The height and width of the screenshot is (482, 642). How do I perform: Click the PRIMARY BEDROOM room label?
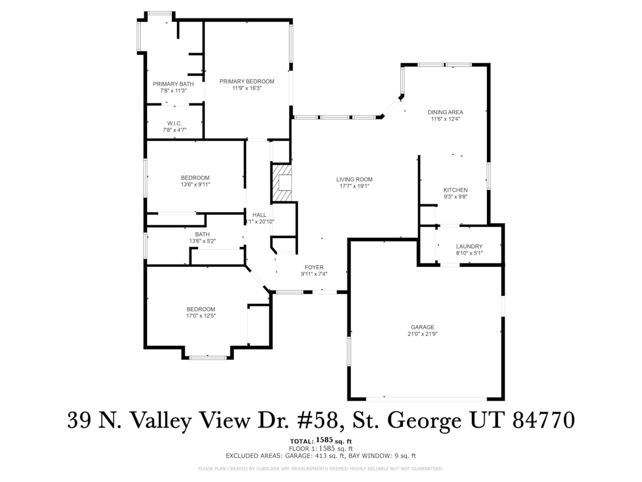coord(247,81)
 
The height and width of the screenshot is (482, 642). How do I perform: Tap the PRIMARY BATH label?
coord(173,84)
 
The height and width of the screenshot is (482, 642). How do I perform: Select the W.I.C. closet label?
coord(174,124)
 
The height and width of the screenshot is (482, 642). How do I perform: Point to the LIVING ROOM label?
coord(354,179)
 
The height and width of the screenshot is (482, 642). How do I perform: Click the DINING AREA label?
coord(445,112)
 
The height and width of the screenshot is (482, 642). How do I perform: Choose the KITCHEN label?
coord(455,190)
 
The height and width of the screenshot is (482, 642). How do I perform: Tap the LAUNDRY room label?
coord(469,247)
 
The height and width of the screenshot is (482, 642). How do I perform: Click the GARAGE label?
coord(422,327)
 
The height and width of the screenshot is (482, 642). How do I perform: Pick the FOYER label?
coord(314,268)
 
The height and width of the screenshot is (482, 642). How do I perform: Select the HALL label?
coord(259,215)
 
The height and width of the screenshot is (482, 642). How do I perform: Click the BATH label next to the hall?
coord(202,234)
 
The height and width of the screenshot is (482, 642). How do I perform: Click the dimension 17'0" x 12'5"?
coord(201,316)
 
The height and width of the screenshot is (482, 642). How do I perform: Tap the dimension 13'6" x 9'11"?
coord(195,184)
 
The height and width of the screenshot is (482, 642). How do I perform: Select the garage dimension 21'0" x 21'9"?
coord(422,334)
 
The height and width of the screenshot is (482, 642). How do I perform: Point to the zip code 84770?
coord(544,420)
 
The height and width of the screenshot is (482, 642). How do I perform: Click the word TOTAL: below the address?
coord(301,441)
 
